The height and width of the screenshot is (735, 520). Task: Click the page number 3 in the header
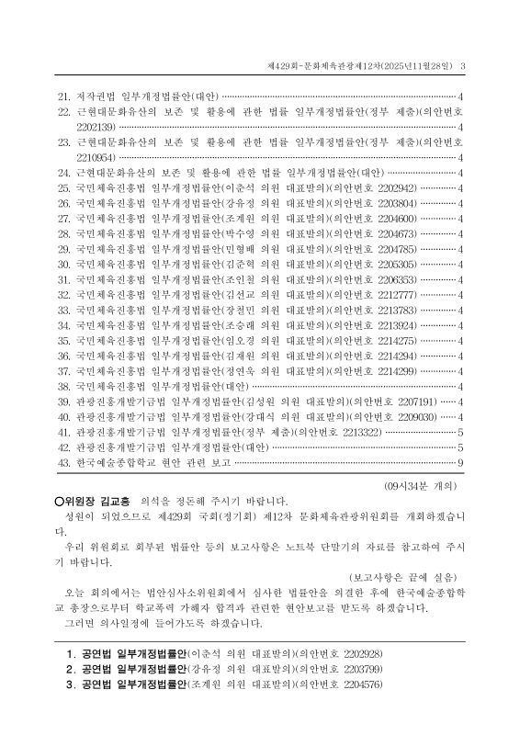click(463, 65)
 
